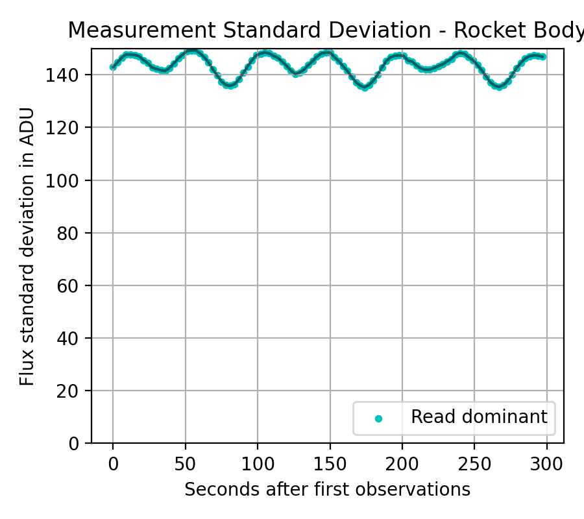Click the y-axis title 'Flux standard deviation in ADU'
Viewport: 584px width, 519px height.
27,246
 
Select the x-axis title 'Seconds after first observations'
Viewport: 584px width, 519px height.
327,489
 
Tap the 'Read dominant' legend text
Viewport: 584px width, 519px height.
479,417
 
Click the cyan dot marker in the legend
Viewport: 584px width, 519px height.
379,418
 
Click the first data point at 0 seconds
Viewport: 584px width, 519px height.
113,67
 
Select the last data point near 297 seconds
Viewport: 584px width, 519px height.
542,56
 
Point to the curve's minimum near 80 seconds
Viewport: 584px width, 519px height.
229,86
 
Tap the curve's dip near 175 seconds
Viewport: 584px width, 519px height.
365,88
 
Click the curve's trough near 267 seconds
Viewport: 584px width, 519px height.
499,86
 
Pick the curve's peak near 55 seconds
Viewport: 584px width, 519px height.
192,50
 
